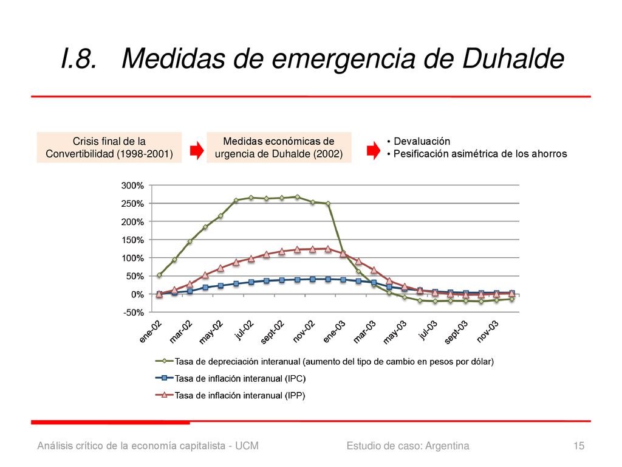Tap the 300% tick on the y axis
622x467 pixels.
click(x=132, y=185)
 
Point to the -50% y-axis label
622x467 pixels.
click(x=133, y=313)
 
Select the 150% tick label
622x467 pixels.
click(x=132, y=240)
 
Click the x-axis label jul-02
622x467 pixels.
click(x=244, y=330)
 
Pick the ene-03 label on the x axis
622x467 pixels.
click(x=334, y=332)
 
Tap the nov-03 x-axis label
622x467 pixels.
click(x=487, y=331)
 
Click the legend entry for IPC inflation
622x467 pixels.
click(x=230, y=378)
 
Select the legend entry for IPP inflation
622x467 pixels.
click(x=230, y=395)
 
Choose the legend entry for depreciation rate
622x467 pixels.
click(x=324, y=361)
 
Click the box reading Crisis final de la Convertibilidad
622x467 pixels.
click(x=109, y=147)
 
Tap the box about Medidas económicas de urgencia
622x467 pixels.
click(x=279, y=147)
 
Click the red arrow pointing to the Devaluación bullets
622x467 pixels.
click(x=374, y=151)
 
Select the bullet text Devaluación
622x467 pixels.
click(x=422, y=141)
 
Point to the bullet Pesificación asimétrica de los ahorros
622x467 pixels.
click(x=480, y=154)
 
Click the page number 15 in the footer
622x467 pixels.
click(x=579, y=446)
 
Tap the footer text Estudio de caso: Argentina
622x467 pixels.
click(x=408, y=446)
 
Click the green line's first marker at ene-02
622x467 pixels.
click(x=159, y=275)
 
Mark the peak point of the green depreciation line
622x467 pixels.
click(x=297, y=196)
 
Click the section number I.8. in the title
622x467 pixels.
click(x=79, y=58)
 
